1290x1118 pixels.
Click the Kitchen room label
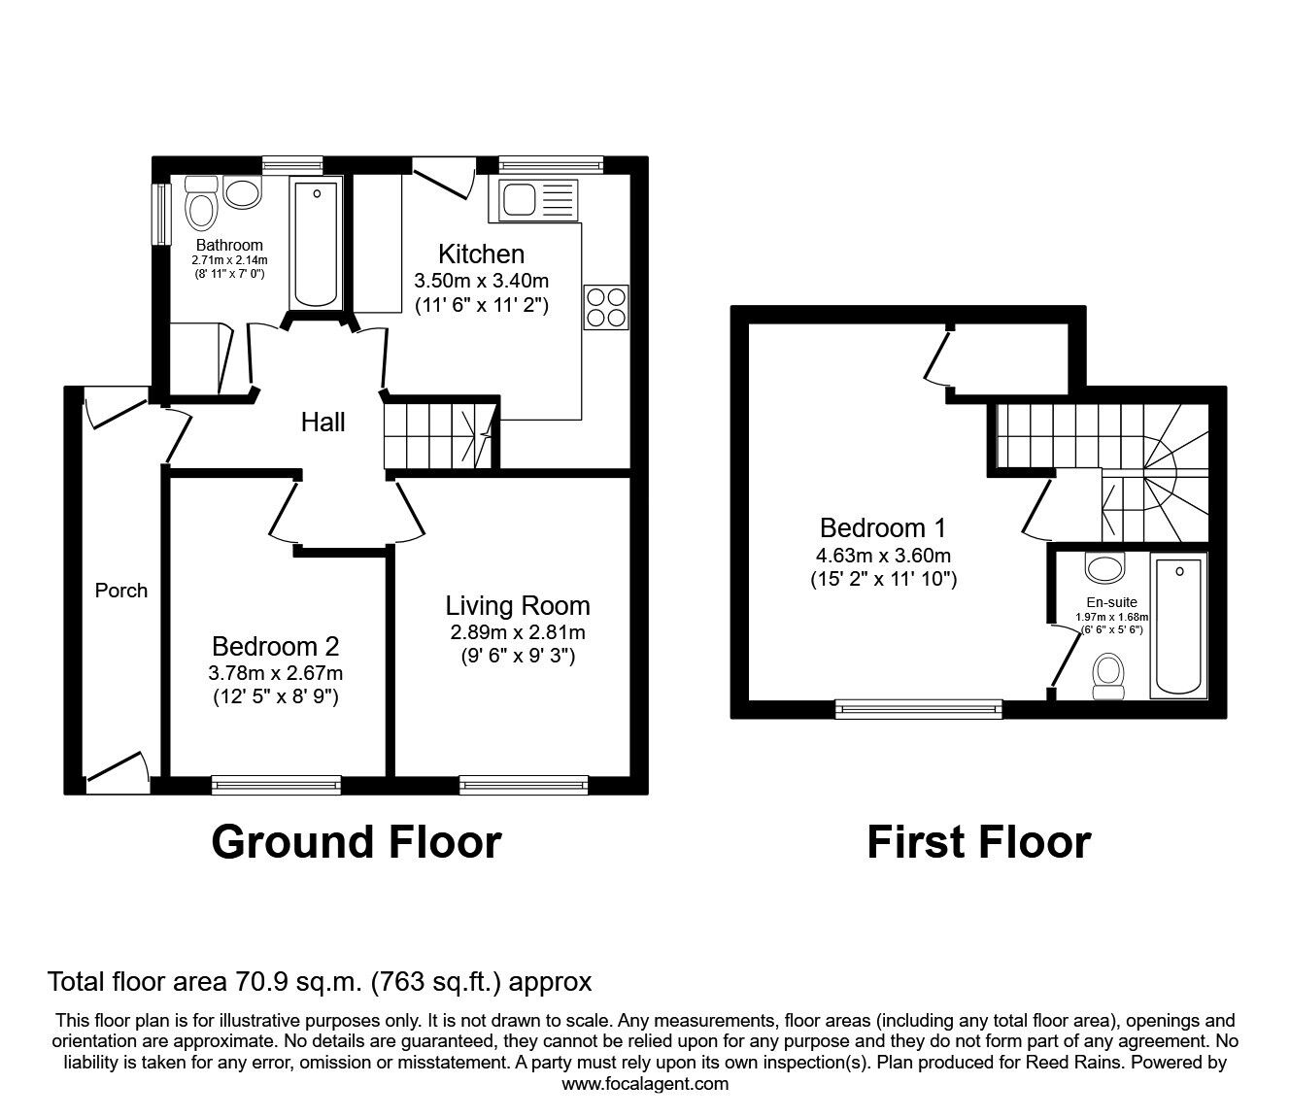(x=481, y=254)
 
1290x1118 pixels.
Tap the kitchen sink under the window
(x=537, y=201)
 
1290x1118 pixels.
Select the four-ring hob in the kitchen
(x=606, y=308)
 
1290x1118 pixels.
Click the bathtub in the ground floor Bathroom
(x=317, y=242)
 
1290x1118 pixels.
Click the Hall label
(x=322, y=423)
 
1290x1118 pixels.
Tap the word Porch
(x=121, y=591)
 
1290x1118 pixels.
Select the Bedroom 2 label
(x=276, y=646)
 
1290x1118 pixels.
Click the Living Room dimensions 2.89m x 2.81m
(x=518, y=632)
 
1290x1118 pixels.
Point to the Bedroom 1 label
(x=883, y=528)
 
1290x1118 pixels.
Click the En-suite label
(x=1111, y=602)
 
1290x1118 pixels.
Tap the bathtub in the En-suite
(x=1178, y=626)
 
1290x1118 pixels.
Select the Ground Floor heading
(x=356, y=842)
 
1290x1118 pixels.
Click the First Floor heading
(x=978, y=842)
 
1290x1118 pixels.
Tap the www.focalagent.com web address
(x=645, y=1084)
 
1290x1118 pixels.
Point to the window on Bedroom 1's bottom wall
(x=919, y=709)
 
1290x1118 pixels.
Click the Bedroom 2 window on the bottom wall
(x=277, y=784)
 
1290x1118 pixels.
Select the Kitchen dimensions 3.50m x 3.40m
(x=481, y=282)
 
